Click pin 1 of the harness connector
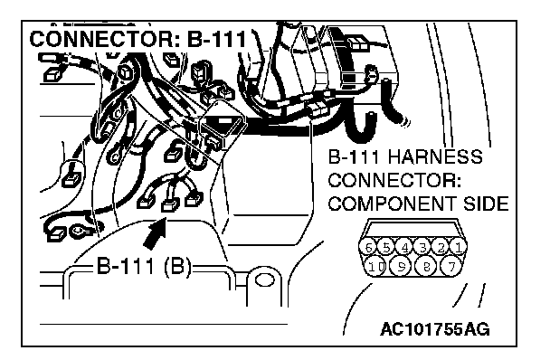click(x=459, y=248)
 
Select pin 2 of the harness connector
click(x=441, y=248)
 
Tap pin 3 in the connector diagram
click(x=422, y=248)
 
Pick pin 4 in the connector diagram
click(x=404, y=248)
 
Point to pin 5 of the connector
click(x=386, y=248)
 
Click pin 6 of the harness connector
click(x=368, y=248)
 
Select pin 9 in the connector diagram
click(x=402, y=267)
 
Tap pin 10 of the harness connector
click(x=376, y=267)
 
